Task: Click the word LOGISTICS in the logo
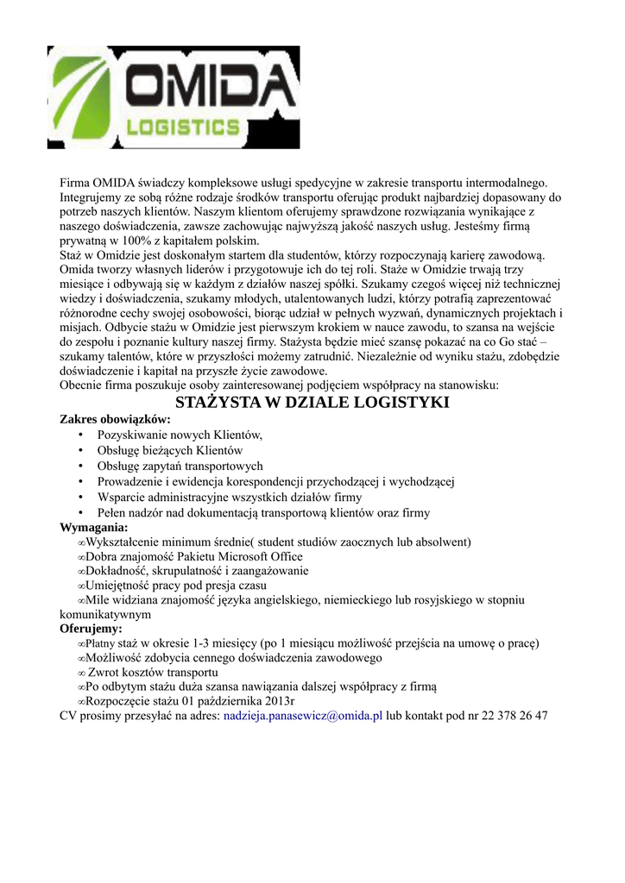[x=183, y=127]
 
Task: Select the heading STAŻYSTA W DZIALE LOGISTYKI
[x=312, y=403]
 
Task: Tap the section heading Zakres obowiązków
[x=115, y=419]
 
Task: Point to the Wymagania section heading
[x=93, y=527]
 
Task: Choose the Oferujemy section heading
[x=91, y=629]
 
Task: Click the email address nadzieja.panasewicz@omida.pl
[x=303, y=716]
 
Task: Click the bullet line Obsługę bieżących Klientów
[x=169, y=450]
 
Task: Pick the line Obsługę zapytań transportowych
[x=180, y=466]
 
